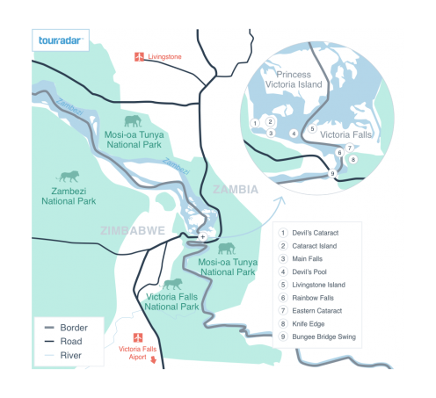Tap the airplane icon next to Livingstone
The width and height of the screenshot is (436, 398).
coord(138,57)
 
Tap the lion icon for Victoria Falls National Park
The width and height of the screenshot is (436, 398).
coord(173,284)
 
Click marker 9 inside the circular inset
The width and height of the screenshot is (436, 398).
coord(332,174)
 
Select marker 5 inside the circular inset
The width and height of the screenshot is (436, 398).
coord(311,129)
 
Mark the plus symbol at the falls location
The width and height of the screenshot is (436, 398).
coord(202,237)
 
